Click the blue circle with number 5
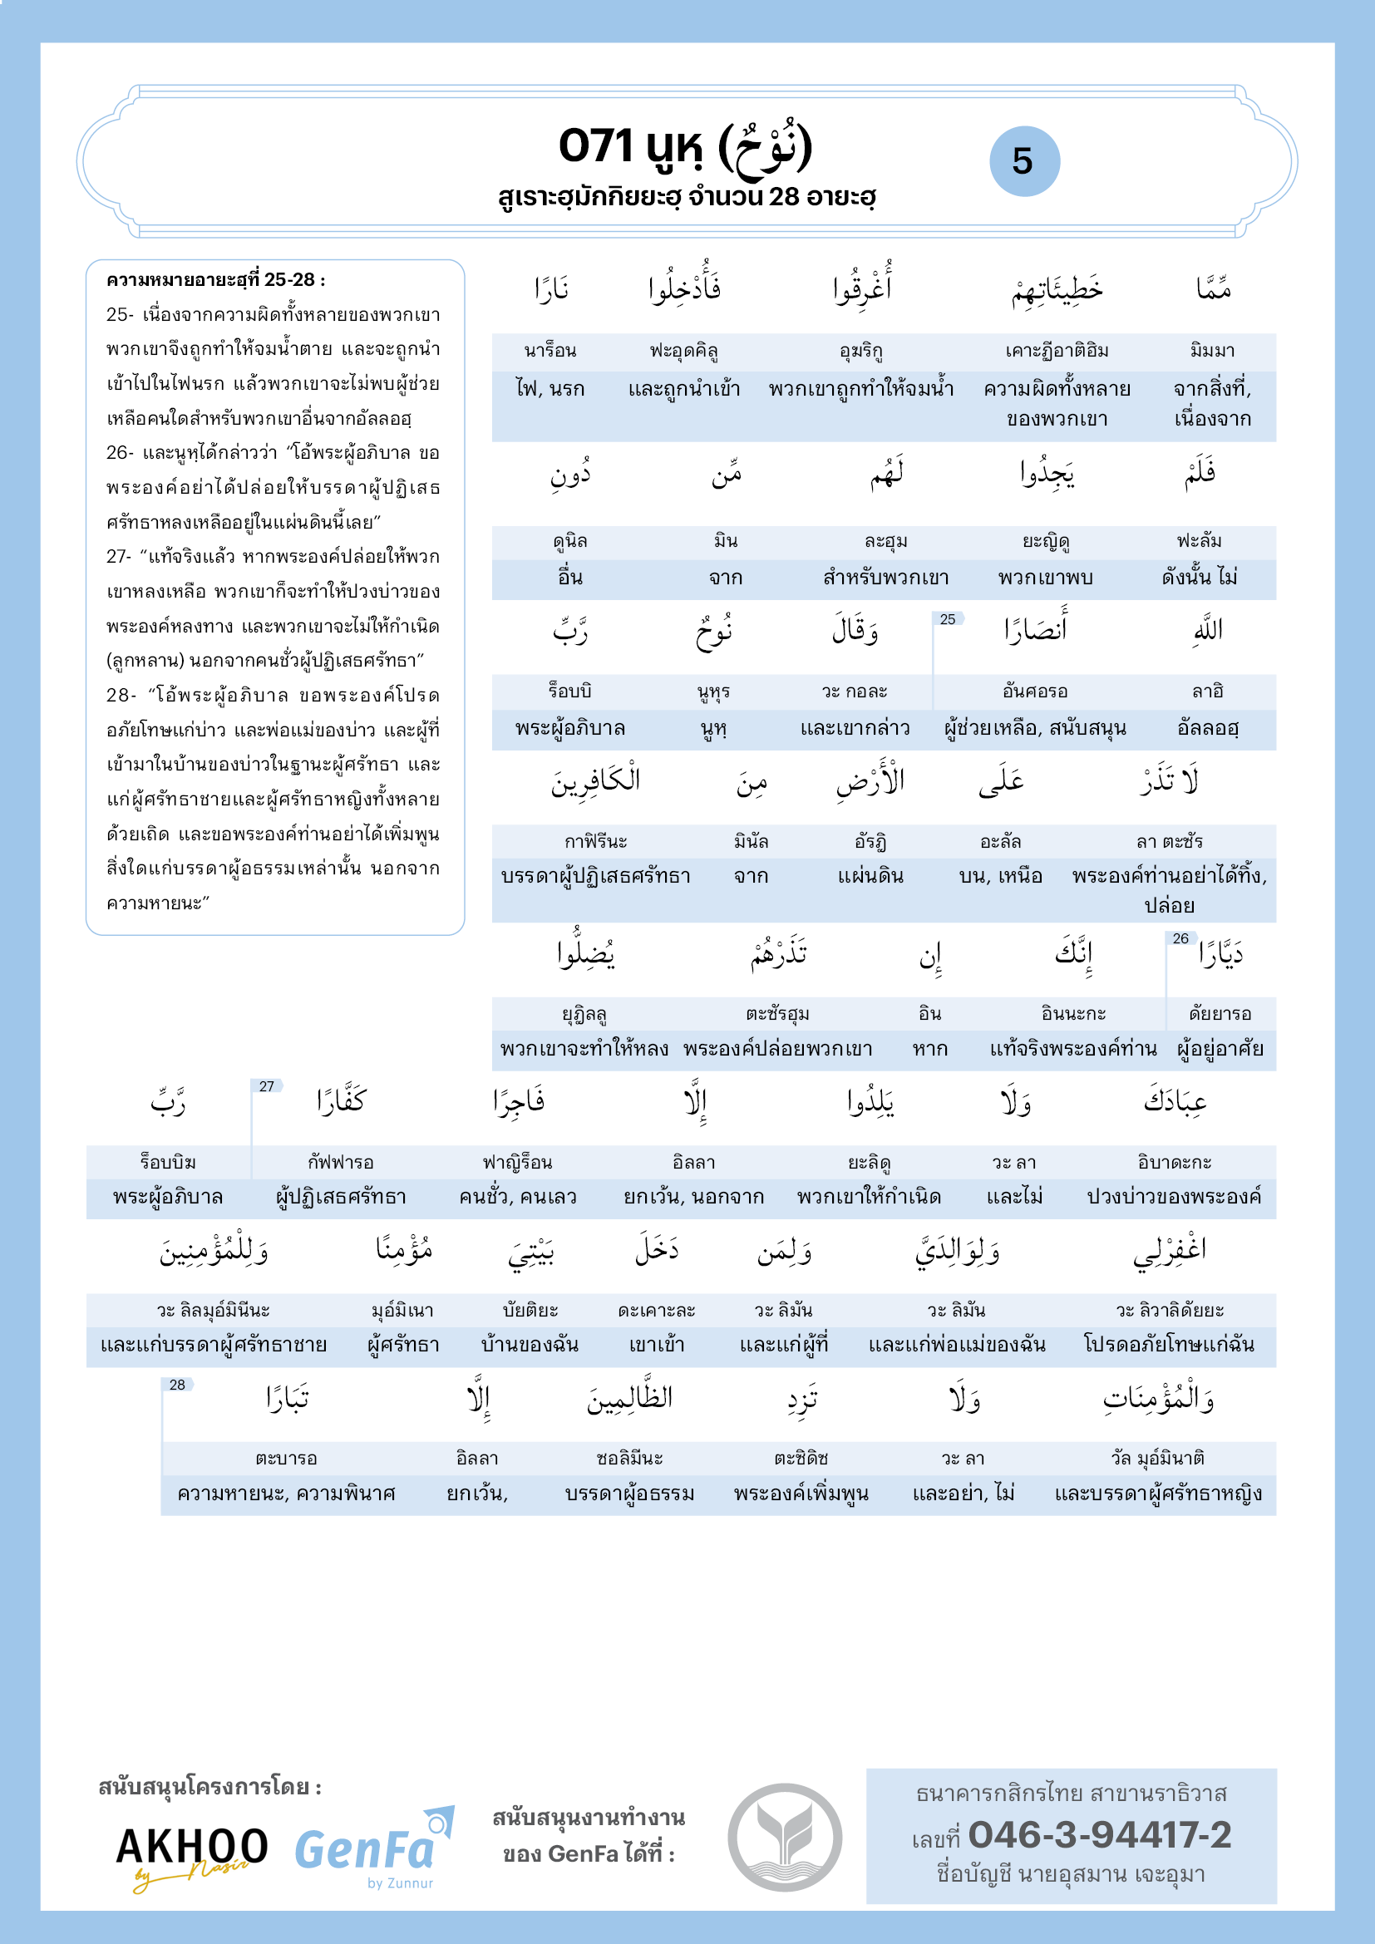[x=1023, y=161]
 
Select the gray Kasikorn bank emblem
[x=785, y=1837]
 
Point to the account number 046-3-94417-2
[x=1099, y=1835]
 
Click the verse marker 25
[x=948, y=620]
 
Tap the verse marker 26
[x=1180, y=938]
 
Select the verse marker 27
[x=267, y=1086]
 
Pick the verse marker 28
[x=177, y=1385]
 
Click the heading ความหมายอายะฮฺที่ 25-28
[x=216, y=280]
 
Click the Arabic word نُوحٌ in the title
[x=765, y=149]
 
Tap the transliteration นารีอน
[x=550, y=351]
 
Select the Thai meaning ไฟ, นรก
[x=550, y=389]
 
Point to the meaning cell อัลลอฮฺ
[x=1207, y=728]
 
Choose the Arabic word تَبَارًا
[x=287, y=1399]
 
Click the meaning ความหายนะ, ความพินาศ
[x=286, y=1494]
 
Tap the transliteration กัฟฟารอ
[x=340, y=1163]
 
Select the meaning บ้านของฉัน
[x=530, y=1345]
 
